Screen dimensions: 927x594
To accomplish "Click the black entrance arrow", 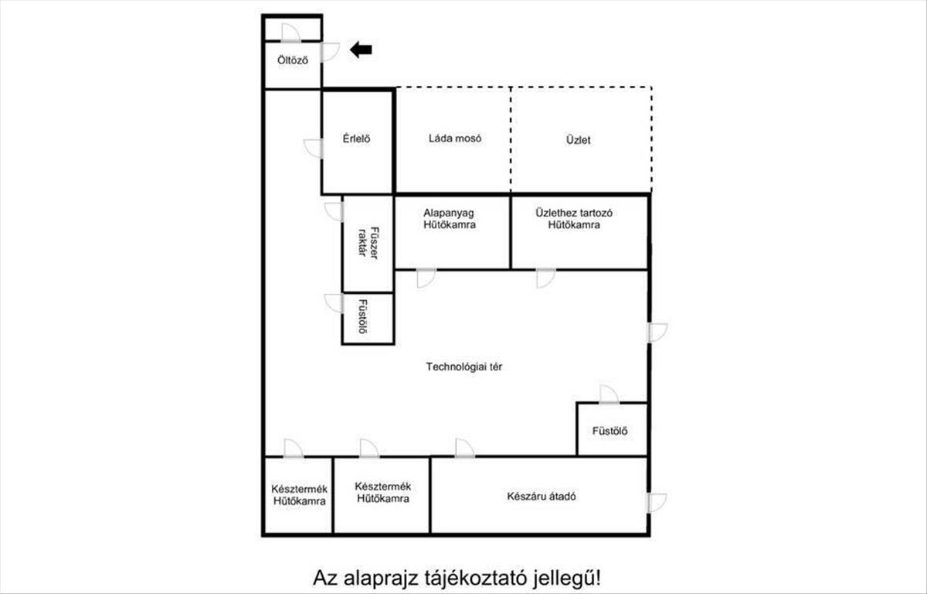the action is [x=362, y=49].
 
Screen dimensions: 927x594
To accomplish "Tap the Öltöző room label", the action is [x=293, y=60].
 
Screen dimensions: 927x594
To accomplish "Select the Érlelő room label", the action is [x=356, y=138].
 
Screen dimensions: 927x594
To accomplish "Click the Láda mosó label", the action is [x=455, y=138].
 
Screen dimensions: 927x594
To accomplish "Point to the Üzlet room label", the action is [x=578, y=140].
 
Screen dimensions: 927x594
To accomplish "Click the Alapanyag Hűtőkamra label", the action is [x=450, y=219].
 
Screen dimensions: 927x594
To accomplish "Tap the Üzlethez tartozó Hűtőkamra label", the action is [x=574, y=219].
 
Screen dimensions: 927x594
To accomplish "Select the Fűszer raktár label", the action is [x=368, y=243].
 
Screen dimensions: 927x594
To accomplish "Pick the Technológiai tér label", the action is [x=464, y=367].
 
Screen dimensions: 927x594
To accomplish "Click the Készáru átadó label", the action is [x=542, y=497].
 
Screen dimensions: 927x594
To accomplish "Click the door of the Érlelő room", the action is [x=314, y=148].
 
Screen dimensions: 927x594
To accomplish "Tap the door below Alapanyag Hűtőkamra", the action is [x=426, y=278].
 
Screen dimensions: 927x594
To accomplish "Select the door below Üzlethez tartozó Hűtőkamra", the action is [x=546, y=278].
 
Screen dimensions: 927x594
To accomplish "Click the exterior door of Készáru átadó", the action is [x=657, y=503].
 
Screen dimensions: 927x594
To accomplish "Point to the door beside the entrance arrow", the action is [x=331, y=52].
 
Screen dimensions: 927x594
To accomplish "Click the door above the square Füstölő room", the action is [x=610, y=394].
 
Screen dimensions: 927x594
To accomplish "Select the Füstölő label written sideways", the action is [x=363, y=316].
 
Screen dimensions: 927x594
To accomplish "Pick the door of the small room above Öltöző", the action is [x=291, y=32].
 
